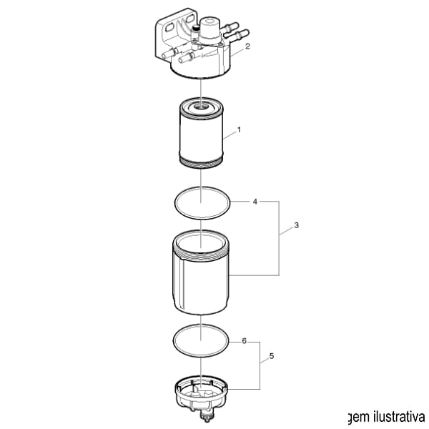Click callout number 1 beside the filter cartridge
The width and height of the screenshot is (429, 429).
pos(239,129)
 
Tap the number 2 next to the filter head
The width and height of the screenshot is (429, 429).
pos(247,46)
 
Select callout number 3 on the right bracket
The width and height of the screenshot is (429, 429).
pos(296,225)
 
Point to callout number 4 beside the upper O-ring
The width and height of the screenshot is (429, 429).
pos(255,202)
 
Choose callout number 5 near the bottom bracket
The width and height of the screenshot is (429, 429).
pos(272,356)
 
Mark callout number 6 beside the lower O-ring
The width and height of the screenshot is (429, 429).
pos(244,341)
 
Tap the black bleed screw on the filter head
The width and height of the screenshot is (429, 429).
pos(195,27)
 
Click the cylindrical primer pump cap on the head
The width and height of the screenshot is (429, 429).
pos(209,28)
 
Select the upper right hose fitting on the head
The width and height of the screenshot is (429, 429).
pos(230,27)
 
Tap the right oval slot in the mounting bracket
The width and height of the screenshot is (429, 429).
pos(189,19)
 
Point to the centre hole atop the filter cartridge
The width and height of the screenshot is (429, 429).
pos(202,105)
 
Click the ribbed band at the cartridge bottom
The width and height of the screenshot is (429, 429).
pos(202,163)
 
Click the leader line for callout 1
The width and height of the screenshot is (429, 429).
pos(230,136)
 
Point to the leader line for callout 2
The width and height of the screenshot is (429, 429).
pos(237,52)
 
